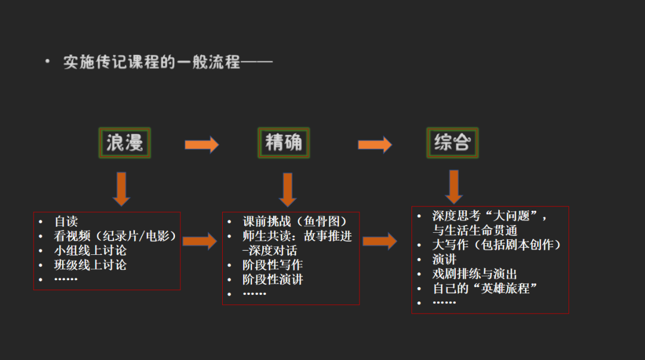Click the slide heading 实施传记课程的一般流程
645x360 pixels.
click(x=168, y=61)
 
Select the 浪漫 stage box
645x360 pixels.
click(x=124, y=143)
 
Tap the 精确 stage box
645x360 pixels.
click(x=284, y=143)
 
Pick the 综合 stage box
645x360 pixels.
click(x=452, y=143)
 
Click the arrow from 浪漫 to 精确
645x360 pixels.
click(x=201, y=144)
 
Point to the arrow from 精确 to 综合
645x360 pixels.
click(x=374, y=144)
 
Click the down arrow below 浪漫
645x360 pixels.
click(x=121, y=189)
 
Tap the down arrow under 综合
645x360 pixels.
click(x=454, y=186)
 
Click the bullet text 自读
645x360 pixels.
click(x=66, y=221)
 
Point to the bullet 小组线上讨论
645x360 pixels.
click(x=90, y=250)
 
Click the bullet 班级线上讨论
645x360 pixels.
click(x=90, y=264)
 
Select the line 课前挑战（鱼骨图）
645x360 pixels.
click(x=294, y=221)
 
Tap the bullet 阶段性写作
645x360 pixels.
click(x=272, y=264)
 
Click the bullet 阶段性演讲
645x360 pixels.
click(x=272, y=279)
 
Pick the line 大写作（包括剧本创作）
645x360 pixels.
click(x=497, y=244)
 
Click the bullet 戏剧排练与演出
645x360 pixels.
click(x=475, y=274)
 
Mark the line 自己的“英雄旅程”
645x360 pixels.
click(x=485, y=288)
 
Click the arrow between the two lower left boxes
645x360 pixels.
click(x=199, y=241)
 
